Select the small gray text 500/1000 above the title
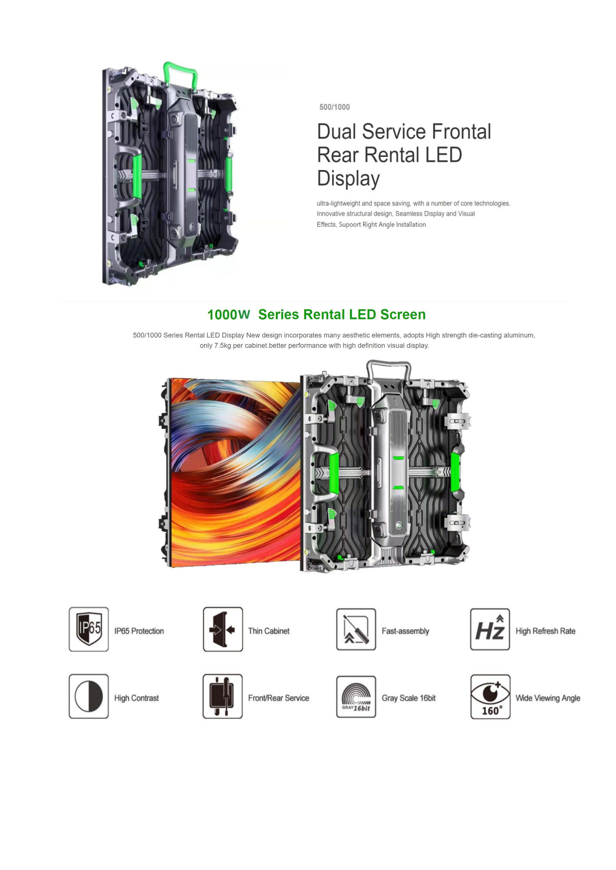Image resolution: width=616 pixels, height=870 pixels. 335,107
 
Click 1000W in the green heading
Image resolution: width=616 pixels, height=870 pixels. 228,315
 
